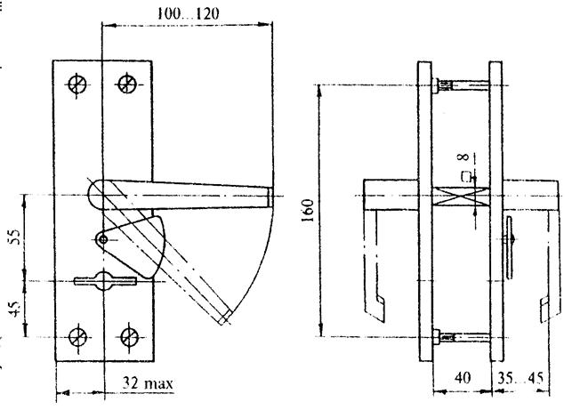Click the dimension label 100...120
coord(189,13)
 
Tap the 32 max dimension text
coord(148,383)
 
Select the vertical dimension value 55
coord(16,237)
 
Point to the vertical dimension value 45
coord(16,309)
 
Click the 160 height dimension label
coord(309,211)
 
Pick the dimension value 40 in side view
coord(463,378)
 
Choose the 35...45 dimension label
coord(520,378)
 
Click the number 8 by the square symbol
coord(463,157)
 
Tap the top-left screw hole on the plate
coord(77,84)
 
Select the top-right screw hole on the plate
coord(127,84)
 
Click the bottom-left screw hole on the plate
coord(78,337)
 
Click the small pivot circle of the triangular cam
coord(103,239)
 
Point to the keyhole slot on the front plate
coord(106,281)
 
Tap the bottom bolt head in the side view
coord(436,336)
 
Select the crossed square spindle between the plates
coord(461,197)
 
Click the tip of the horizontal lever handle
coord(271,197)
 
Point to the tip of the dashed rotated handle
coord(225,318)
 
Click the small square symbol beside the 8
coord(464,176)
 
